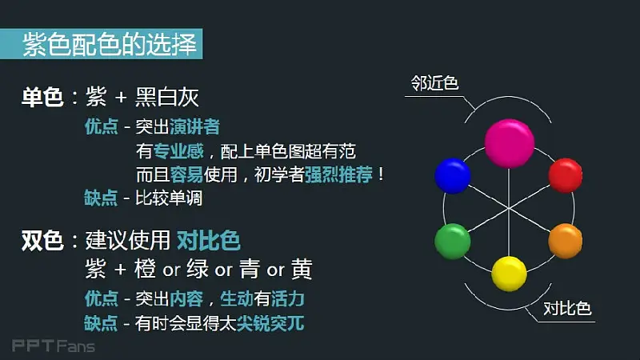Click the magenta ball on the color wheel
click(510, 143)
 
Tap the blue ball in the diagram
click(453, 176)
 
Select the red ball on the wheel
click(566, 175)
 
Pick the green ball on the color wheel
click(453, 242)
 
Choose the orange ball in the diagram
click(566, 241)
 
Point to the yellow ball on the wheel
click(509, 274)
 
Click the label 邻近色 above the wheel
click(434, 83)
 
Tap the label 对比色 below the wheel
click(567, 309)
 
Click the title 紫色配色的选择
click(110, 44)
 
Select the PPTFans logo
click(54, 346)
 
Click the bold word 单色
click(42, 98)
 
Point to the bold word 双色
click(42, 241)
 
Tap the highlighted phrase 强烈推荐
click(338, 174)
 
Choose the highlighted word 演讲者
click(194, 126)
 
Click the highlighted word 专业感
click(178, 151)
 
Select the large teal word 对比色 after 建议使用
click(209, 240)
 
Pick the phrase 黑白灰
click(167, 98)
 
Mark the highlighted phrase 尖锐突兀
click(270, 323)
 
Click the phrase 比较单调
click(169, 198)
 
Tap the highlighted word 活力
click(287, 298)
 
